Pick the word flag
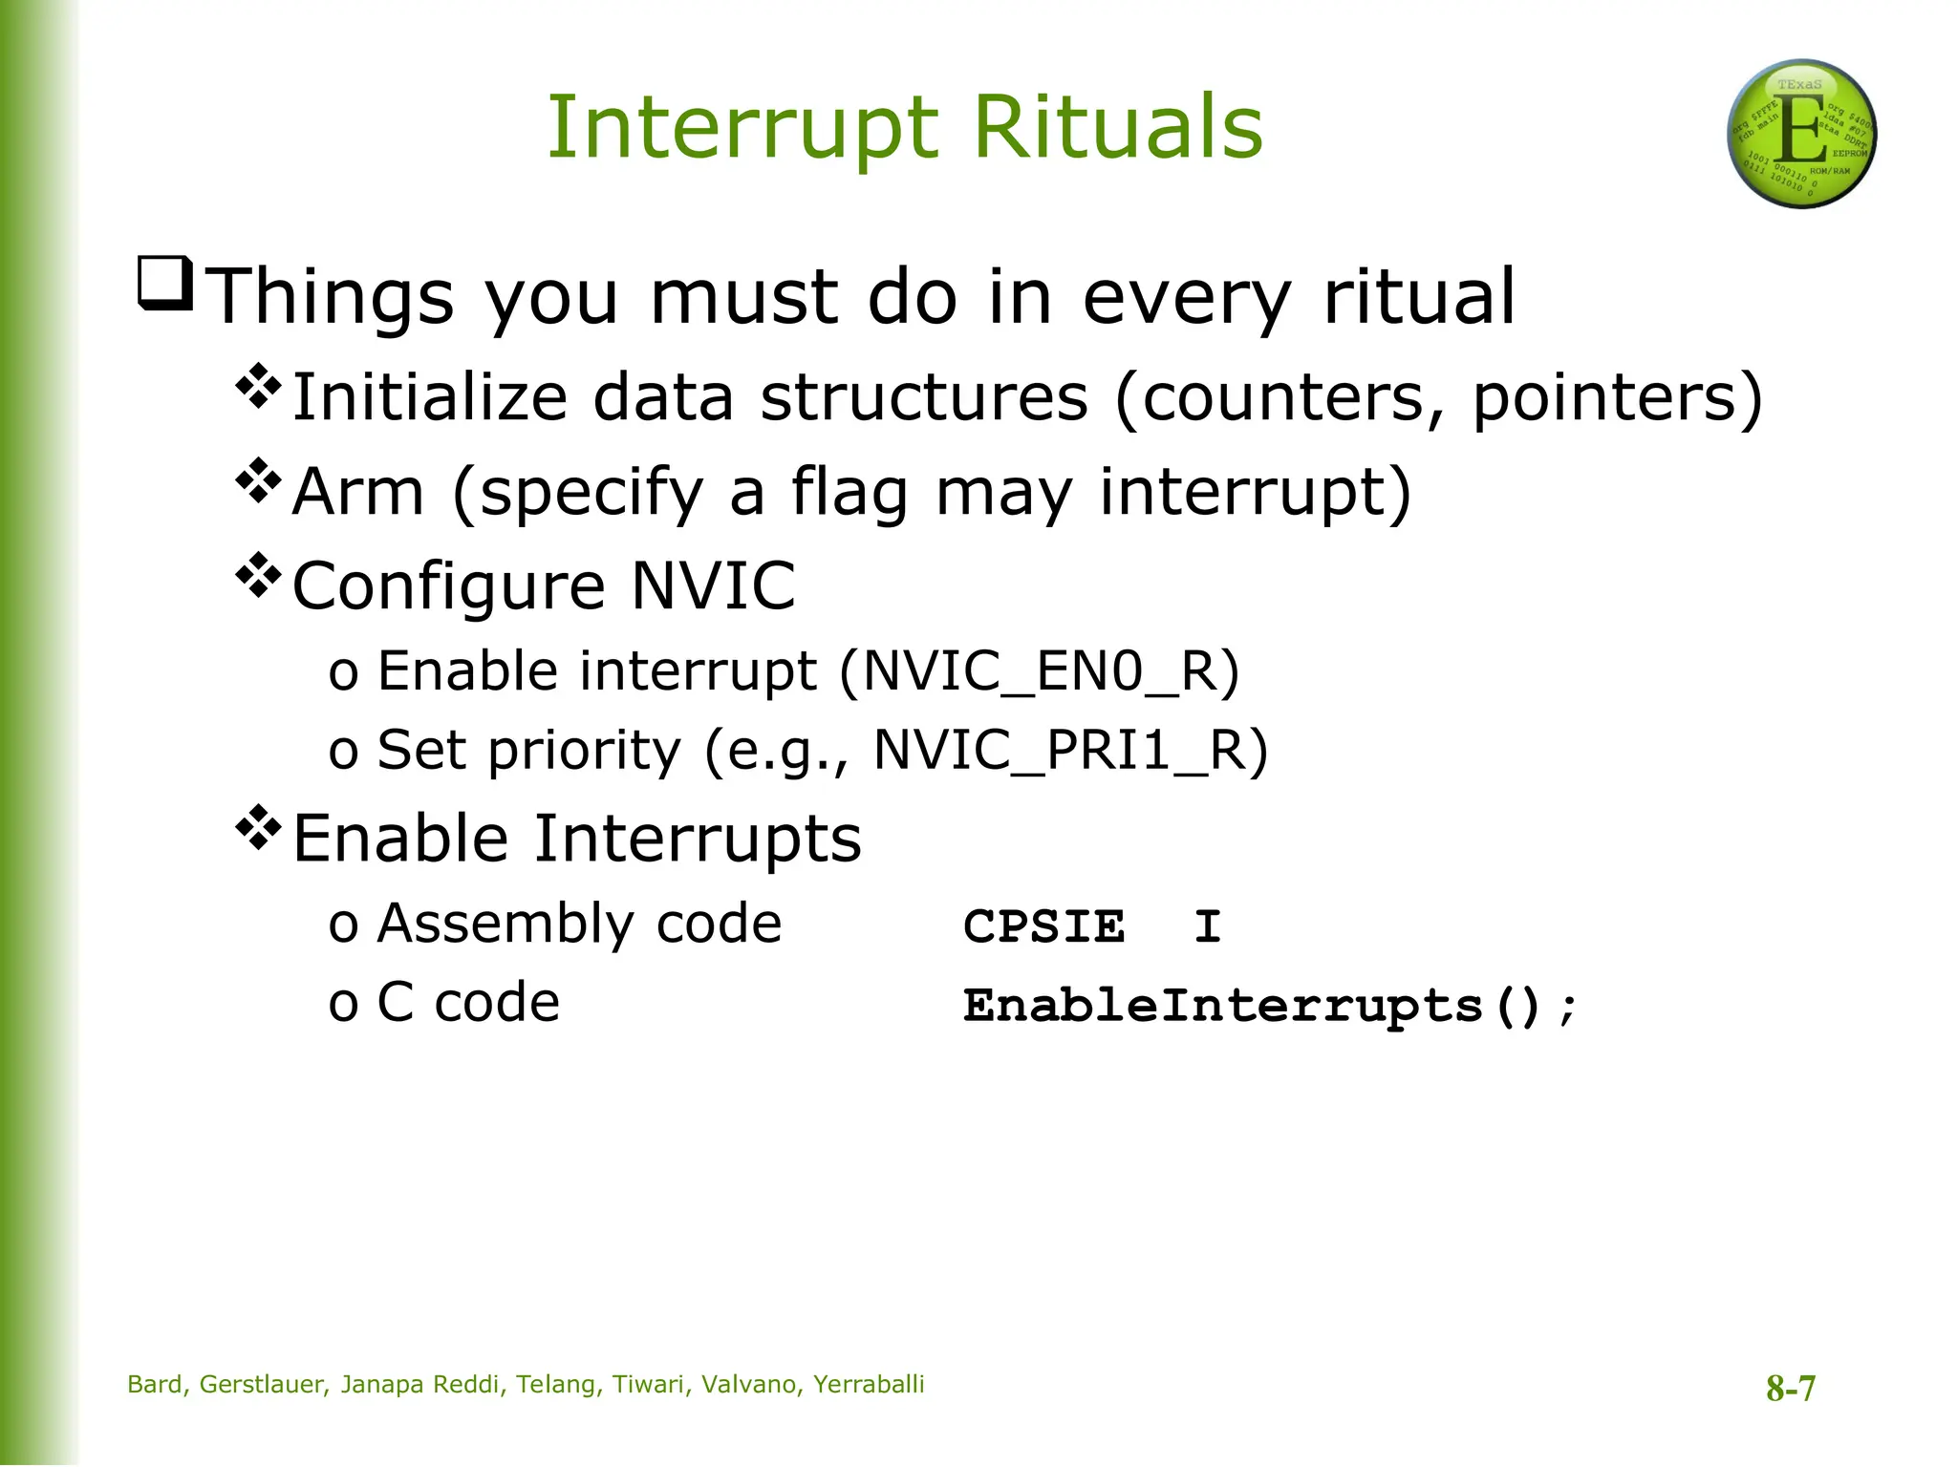coord(849,493)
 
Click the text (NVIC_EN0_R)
coord(1039,670)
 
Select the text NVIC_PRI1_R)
coord(1070,750)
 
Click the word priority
coord(584,752)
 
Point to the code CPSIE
coord(1043,926)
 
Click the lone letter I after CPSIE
coord(1207,926)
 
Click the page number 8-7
coord(1790,1388)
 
